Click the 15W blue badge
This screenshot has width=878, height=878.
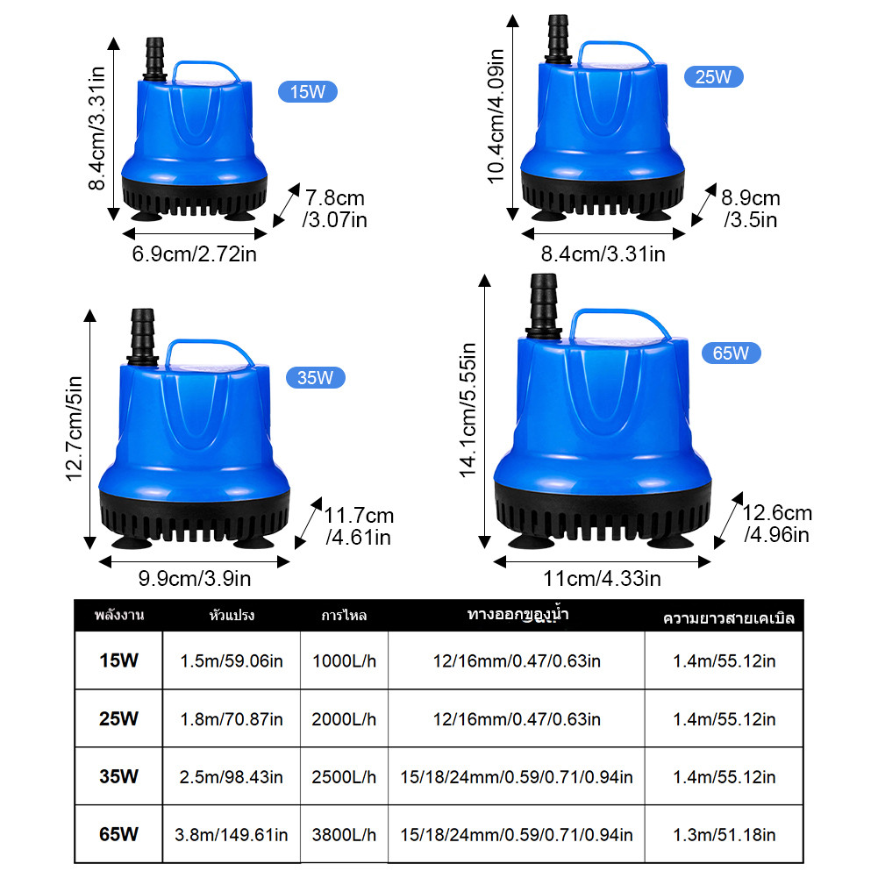pos(307,92)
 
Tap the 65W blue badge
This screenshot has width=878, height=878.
pos(731,353)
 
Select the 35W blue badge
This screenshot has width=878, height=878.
pos(315,377)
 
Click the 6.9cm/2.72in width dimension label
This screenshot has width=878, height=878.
pos(195,253)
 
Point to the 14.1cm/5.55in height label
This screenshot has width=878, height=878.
pos(468,410)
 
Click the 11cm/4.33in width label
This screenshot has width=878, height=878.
pos(602,578)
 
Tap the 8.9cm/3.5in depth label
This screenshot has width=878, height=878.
pos(750,209)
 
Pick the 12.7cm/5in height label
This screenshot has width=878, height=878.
pos(74,428)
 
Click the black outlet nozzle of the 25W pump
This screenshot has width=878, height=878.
pos(558,38)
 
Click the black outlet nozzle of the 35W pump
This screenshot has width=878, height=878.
pos(143,336)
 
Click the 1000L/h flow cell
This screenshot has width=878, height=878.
pos(344,660)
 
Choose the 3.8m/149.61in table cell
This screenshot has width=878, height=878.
pos(232,834)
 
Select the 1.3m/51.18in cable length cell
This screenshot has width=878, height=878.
pos(724,834)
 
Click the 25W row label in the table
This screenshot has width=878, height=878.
pos(118,718)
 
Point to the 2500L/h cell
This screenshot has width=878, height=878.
pos(344,776)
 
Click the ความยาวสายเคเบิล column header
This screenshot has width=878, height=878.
pos(729,618)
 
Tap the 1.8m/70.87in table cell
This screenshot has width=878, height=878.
pos(232,719)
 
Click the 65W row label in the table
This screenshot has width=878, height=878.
pos(118,834)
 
